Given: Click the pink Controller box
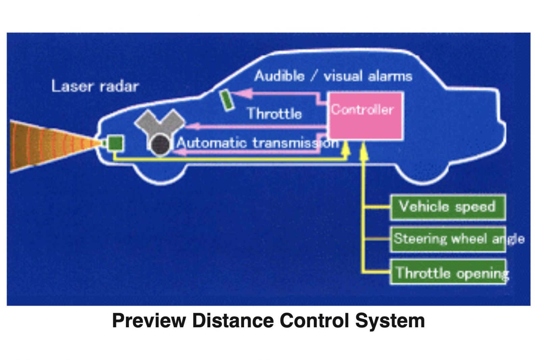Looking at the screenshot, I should point(366,115).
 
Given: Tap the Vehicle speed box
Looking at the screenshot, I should point(448,206).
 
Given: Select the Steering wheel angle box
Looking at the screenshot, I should point(448,239).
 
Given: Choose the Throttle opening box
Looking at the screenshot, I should point(448,272).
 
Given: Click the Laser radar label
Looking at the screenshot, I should point(95,86).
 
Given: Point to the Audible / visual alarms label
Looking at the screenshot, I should point(333,76).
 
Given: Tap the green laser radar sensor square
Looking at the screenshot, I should point(115,143).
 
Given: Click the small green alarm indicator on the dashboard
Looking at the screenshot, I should point(227,100).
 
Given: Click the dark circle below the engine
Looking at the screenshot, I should point(160,144).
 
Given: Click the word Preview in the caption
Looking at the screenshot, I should point(149,321).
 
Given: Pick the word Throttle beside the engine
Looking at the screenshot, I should point(274,114).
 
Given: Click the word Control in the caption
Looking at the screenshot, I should point(314,321).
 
